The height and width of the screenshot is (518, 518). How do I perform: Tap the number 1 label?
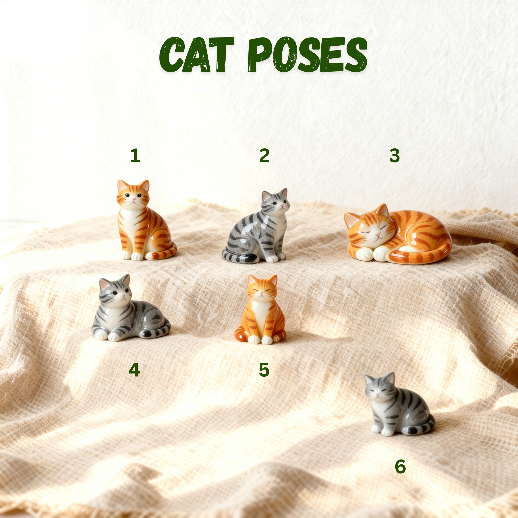pos(135,156)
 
